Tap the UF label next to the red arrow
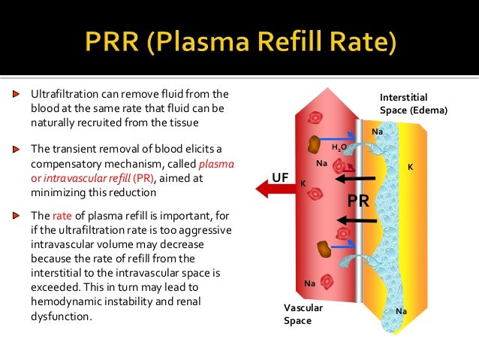point(279,177)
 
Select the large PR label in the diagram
point(358,201)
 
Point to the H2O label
point(339,147)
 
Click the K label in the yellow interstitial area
point(410,167)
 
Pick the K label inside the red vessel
point(303,183)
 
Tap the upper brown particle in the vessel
point(314,143)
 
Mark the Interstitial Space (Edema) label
point(413,104)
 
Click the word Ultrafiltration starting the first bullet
point(62,95)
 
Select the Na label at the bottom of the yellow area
point(401,311)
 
